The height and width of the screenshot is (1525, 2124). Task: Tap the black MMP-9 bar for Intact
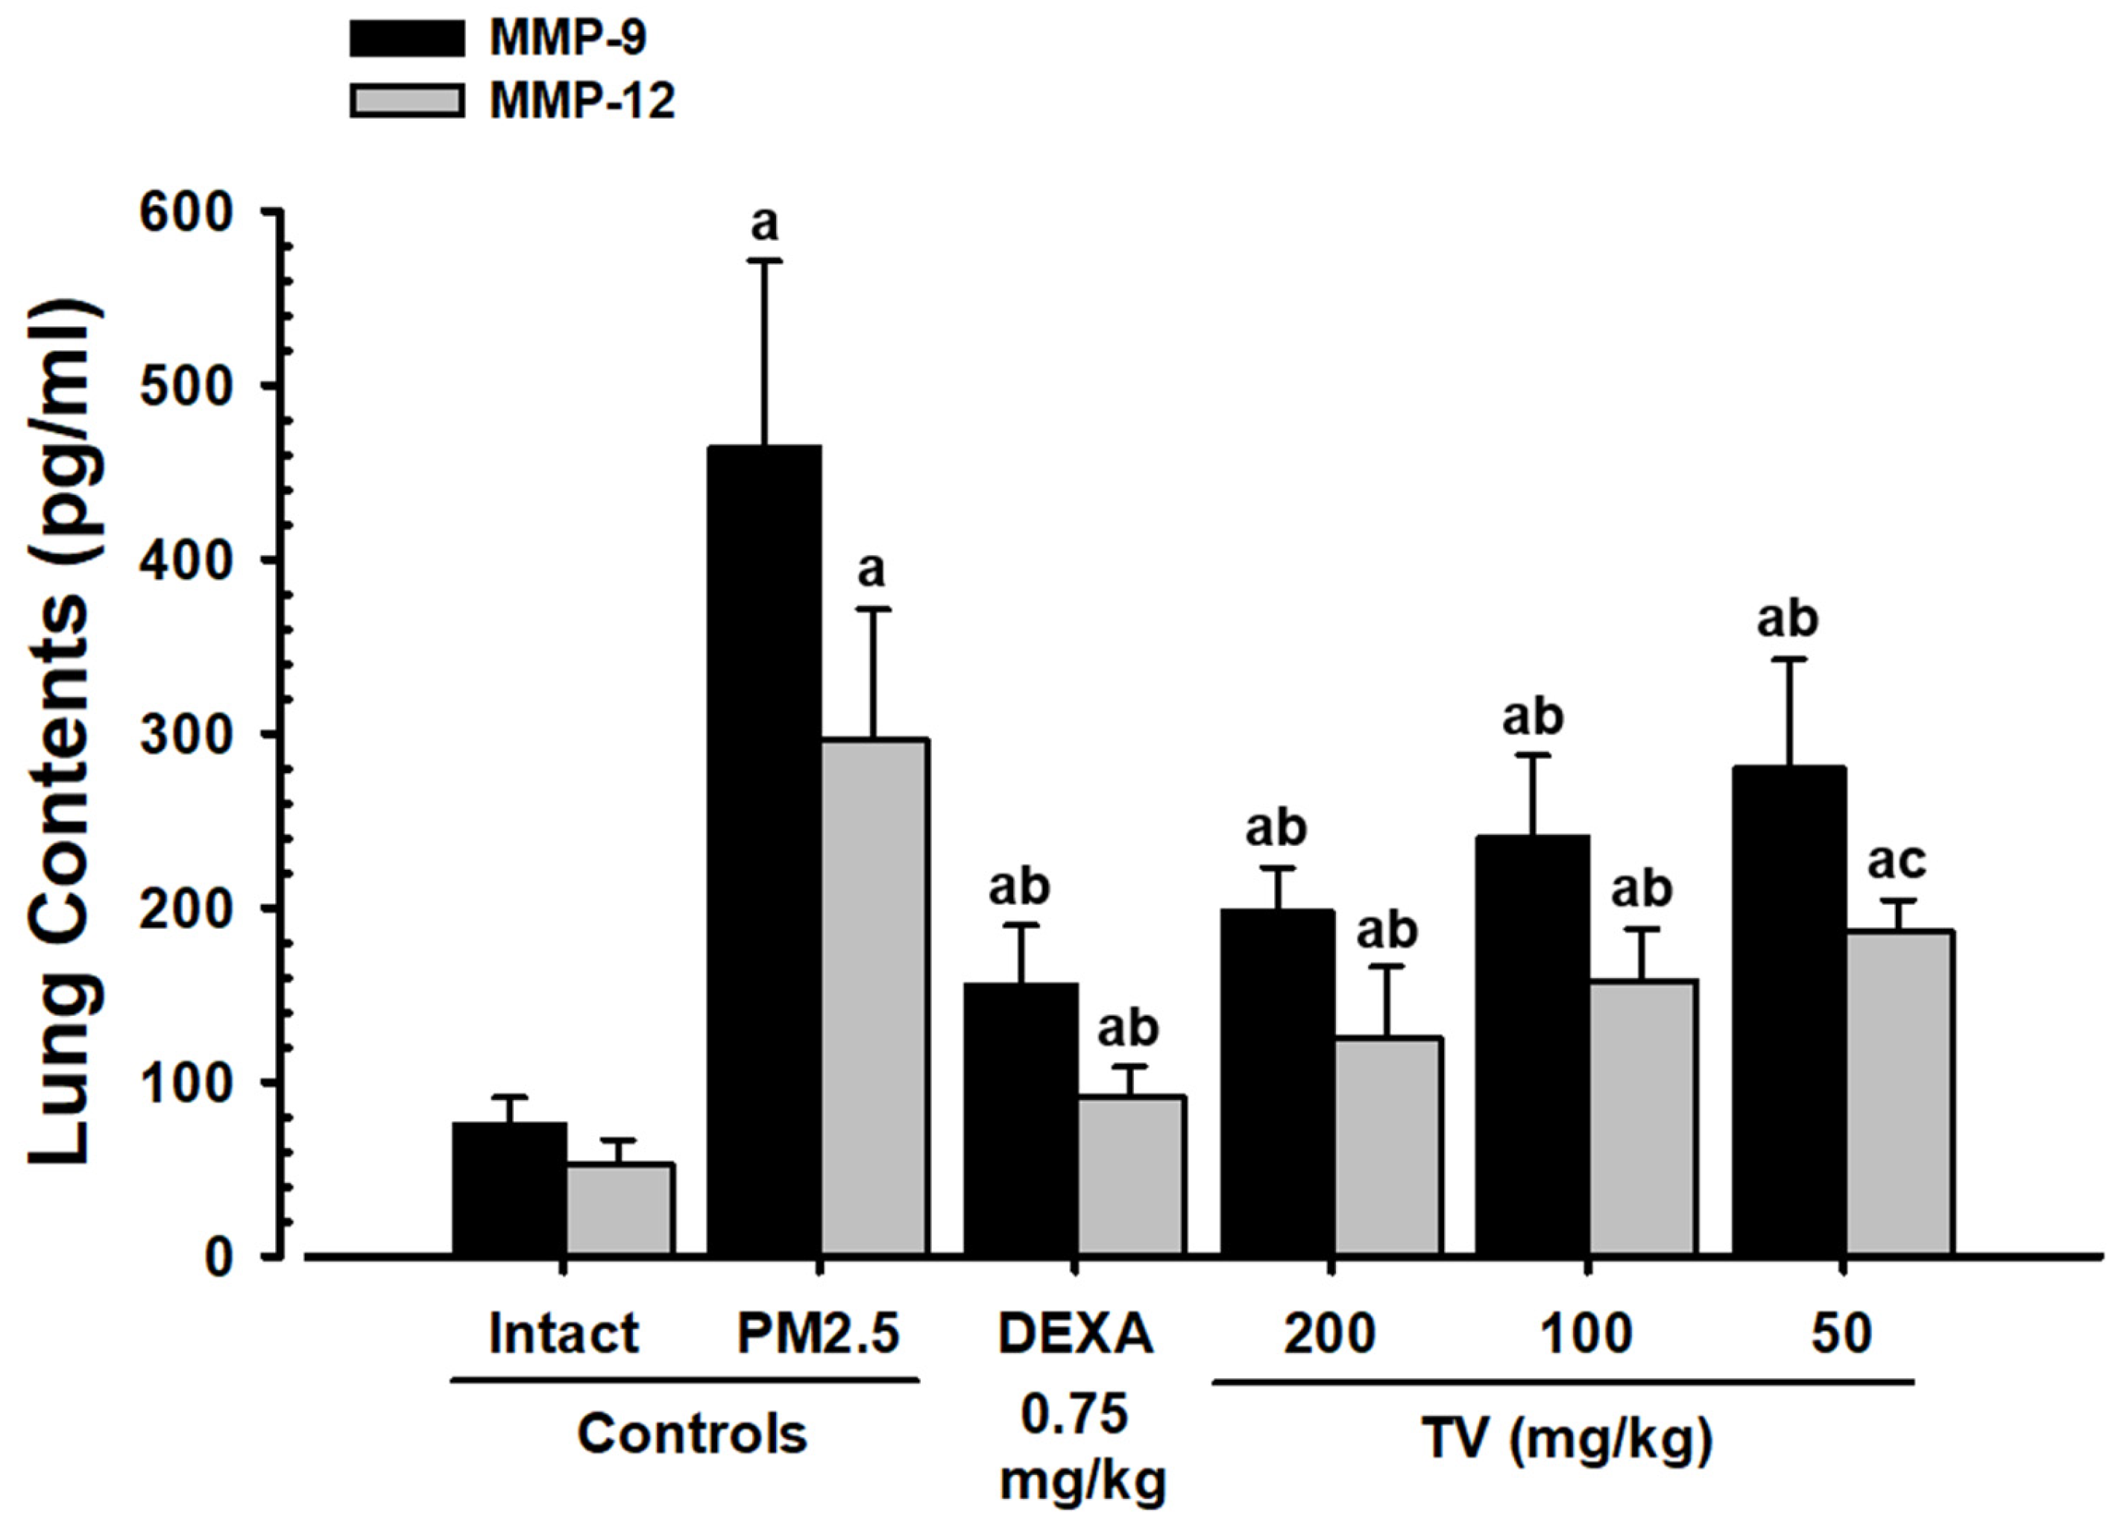(x=509, y=1189)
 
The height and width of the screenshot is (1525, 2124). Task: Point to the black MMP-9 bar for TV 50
(x=1789, y=1011)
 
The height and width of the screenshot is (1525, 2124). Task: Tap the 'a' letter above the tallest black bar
(x=765, y=224)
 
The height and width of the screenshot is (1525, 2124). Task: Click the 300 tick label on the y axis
(x=186, y=735)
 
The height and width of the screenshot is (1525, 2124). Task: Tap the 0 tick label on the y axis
(x=218, y=1257)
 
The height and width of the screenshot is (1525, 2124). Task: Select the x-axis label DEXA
(x=1075, y=1333)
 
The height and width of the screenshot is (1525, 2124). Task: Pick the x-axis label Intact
(x=563, y=1333)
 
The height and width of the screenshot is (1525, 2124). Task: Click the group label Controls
(x=691, y=1433)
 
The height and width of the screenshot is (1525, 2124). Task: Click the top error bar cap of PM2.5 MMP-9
(x=764, y=261)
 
